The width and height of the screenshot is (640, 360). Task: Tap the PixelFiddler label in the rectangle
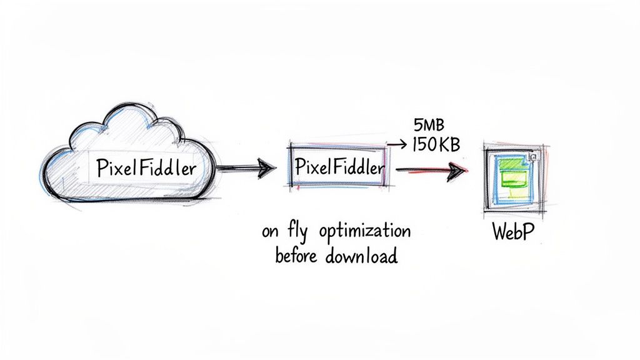point(338,167)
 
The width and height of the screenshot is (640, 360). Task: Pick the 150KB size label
point(436,145)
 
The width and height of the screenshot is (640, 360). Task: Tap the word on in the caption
point(270,232)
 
